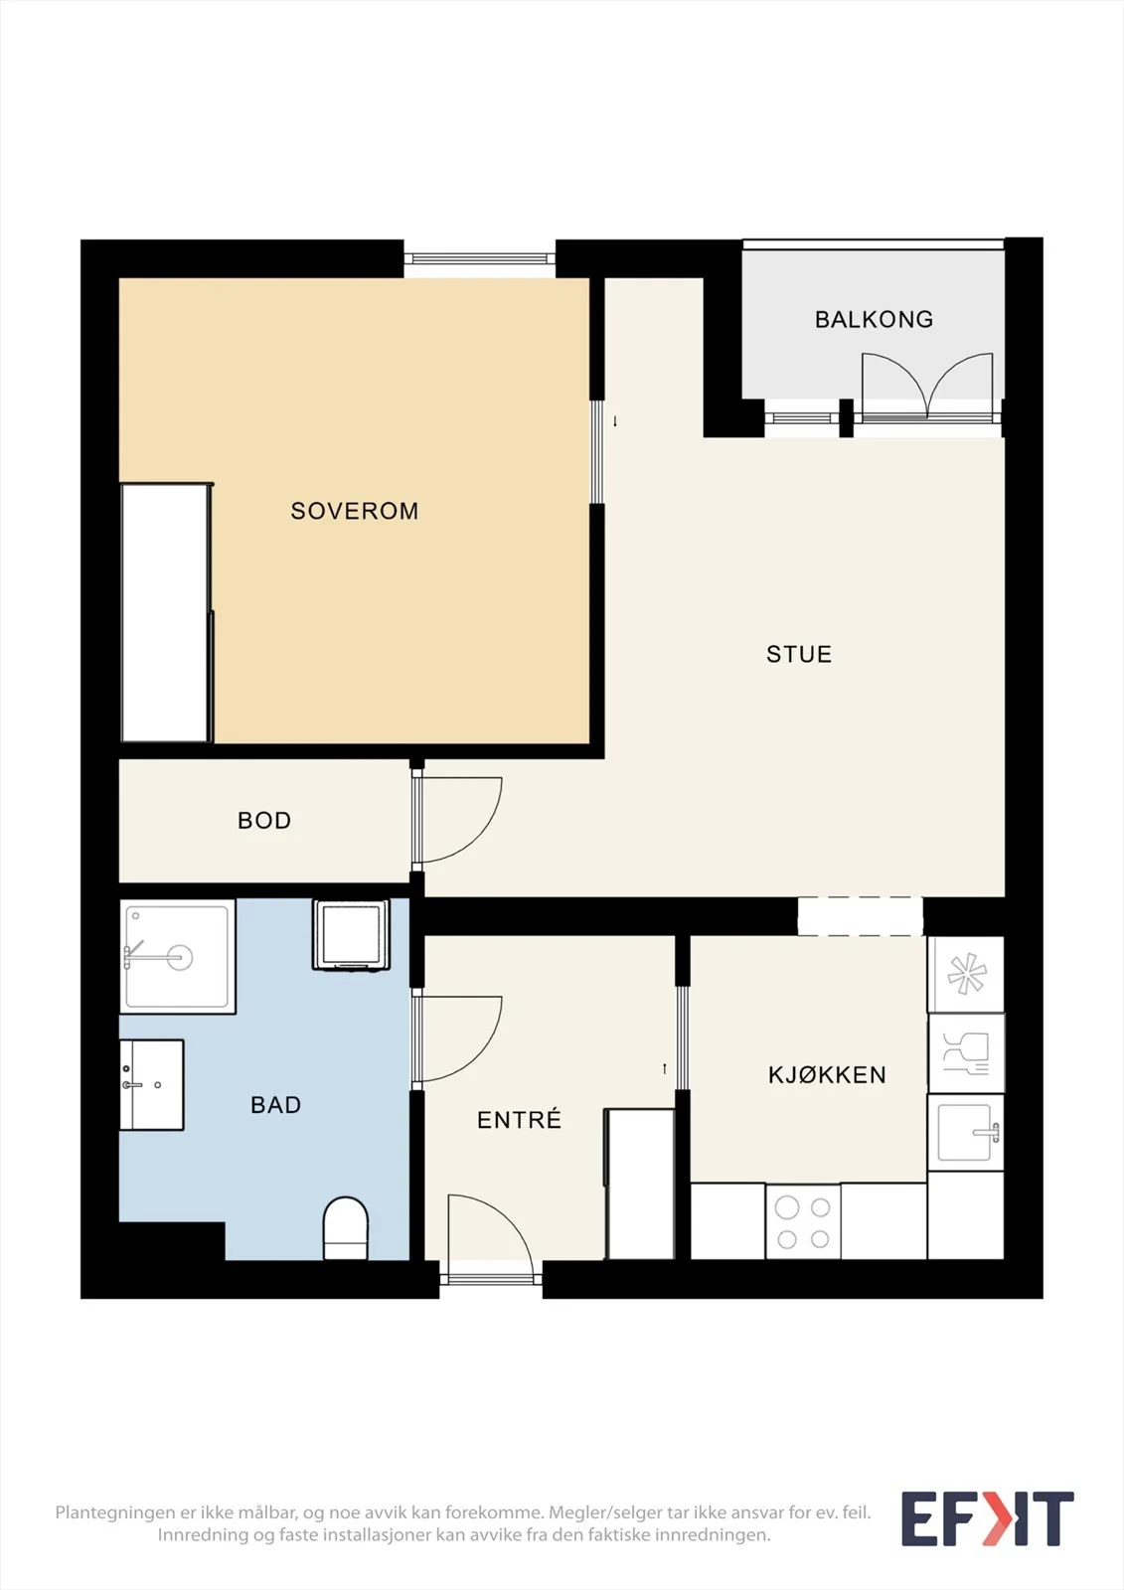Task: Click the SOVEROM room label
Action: tap(355, 511)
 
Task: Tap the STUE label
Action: tap(799, 654)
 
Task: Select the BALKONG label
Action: tap(875, 319)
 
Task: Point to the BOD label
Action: tap(264, 821)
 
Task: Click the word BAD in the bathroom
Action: tap(276, 1104)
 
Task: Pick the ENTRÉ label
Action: tap(519, 1119)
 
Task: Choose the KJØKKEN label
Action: tap(827, 1074)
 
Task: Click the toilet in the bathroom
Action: tap(346, 1228)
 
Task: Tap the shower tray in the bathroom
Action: tap(178, 957)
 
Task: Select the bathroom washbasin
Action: tap(152, 1084)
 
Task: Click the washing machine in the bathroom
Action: tap(351, 935)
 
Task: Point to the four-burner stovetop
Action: tap(803, 1221)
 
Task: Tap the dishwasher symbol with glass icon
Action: tap(966, 1053)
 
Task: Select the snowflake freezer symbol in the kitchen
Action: tap(966, 974)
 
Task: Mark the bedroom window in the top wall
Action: tap(480, 259)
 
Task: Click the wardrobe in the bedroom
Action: tap(167, 612)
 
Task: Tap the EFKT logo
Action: tap(987, 1519)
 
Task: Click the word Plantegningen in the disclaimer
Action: tap(115, 1512)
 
